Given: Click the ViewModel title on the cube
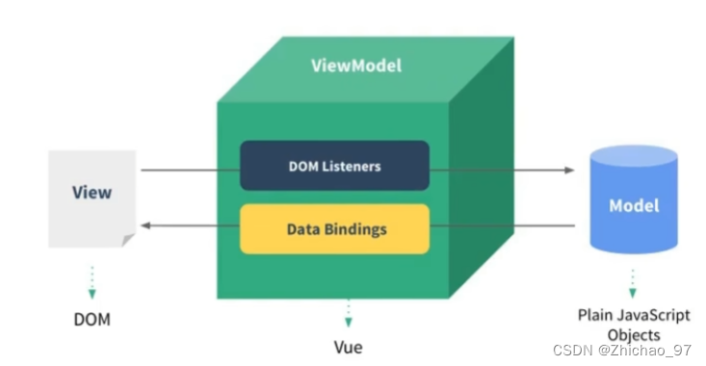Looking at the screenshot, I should coord(355,65).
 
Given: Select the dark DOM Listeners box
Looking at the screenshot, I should coord(334,167).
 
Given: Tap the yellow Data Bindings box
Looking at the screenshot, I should coord(334,229).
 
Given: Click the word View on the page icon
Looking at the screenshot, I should coord(92,192).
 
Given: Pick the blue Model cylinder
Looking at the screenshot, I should coord(633,206).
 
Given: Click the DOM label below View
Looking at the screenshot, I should coord(92,319).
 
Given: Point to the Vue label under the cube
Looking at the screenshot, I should coord(348,346).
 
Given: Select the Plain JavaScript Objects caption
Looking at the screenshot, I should coord(633,325).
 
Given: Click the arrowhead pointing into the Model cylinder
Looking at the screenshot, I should coord(569,170).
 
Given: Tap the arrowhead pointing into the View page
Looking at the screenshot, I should coord(145,224).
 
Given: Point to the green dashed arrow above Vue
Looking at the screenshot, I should coord(348,314).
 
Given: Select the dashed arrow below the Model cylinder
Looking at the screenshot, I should coord(633,281).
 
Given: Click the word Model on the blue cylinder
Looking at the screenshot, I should coord(633,206).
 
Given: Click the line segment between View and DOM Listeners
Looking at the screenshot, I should coord(190,170).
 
